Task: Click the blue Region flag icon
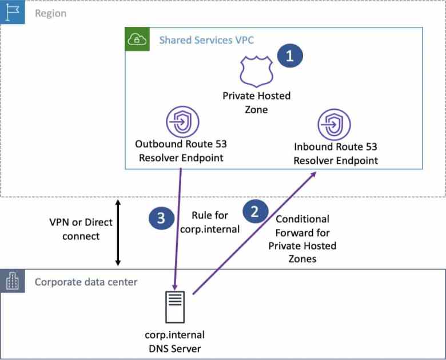point(12,12)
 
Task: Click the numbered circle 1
point(289,56)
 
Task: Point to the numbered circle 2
point(255,211)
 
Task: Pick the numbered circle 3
point(161,217)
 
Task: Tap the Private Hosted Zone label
point(256,102)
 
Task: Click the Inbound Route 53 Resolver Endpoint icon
point(333,124)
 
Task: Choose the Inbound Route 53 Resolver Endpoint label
point(336,153)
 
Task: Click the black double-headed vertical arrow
point(118,232)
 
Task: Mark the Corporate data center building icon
point(12,282)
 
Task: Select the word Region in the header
point(50,13)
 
